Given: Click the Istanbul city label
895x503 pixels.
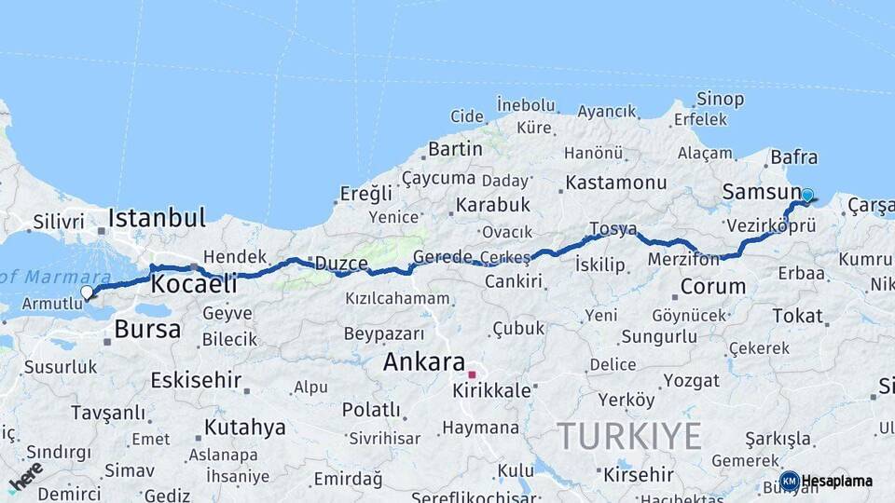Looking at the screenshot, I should tap(157, 218).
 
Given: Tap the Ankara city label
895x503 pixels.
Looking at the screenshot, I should tap(424, 361).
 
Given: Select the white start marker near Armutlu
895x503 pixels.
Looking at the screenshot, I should tap(87, 292).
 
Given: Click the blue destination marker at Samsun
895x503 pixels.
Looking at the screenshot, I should tap(807, 196).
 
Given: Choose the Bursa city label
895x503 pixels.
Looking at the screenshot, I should tap(147, 329).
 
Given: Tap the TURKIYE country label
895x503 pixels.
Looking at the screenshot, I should tap(629, 435).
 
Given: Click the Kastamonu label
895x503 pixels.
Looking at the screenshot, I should tap(616, 182).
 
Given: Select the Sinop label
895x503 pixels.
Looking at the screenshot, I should tap(721, 99).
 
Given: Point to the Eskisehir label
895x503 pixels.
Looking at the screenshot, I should tap(196, 380).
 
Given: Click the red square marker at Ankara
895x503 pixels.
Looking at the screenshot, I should tap(473, 375).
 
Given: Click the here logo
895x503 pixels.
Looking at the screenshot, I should tap(25, 476).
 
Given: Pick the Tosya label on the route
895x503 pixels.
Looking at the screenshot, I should tap(613, 229).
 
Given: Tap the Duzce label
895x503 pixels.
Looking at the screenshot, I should tap(341, 264).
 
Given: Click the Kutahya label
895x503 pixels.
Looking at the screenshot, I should tap(244, 428).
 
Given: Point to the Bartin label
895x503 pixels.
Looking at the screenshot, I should tap(455, 148).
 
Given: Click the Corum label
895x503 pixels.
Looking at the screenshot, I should tap(713, 286).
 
